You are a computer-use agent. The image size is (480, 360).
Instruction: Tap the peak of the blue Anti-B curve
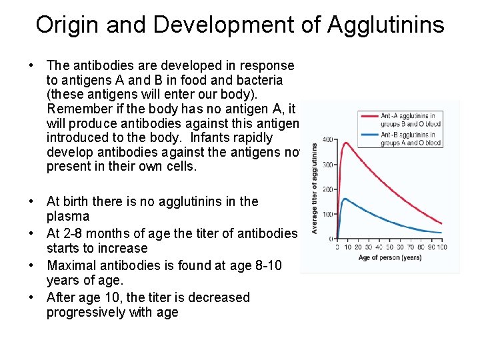345,199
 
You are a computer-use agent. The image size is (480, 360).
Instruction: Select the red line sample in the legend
369,115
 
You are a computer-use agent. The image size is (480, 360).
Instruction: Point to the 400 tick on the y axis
328,140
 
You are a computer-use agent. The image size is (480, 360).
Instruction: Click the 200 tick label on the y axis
328,189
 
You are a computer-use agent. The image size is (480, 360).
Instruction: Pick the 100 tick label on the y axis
328,214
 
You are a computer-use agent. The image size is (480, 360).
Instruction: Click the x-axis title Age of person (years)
389,258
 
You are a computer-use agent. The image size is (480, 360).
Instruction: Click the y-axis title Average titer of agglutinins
314,189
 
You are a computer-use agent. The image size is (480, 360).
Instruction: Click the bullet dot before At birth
31,201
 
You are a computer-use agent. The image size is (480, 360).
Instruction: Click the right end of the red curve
442,223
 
